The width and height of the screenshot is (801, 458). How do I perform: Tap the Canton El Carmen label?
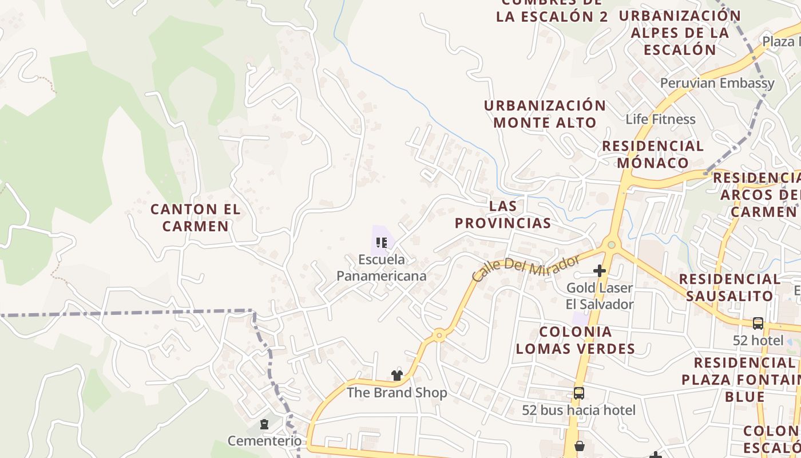(x=196, y=218)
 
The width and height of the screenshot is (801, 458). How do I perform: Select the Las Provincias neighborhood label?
(x=503, y=215)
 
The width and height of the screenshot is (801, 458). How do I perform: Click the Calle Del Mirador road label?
(x=526, y=269)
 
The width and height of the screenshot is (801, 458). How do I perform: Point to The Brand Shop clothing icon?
(x=397, y=375)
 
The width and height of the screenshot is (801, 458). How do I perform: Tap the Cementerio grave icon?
(x=264, y=424)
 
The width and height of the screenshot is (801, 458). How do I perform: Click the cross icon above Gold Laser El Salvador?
(x=600, y=270)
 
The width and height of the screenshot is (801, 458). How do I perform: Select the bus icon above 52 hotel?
(x=758, y=323)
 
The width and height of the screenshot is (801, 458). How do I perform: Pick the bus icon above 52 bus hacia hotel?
(x=579, y=393)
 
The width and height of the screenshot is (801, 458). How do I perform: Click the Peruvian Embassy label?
(x=717, y=83)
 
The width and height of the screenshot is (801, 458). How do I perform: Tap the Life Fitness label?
(x=660, y=119)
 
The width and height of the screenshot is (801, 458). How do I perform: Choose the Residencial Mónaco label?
(x=653, y=154)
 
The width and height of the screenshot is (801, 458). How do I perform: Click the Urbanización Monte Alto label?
(x=545, y=114)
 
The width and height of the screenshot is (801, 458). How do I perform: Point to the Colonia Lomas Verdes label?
(x=576, y=340)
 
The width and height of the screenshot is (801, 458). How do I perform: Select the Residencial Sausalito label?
(x=729, y=287)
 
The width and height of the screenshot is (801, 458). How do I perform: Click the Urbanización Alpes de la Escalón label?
(x=680, y=33)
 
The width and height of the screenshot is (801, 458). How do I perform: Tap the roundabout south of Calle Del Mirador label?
(x=439, y=335)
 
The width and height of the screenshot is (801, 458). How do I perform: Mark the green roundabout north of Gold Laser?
(x=612, y=245)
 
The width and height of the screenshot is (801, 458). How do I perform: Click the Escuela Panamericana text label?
(x=381, y=268)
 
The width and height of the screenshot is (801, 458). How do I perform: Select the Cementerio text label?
(x=264, y=441)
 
